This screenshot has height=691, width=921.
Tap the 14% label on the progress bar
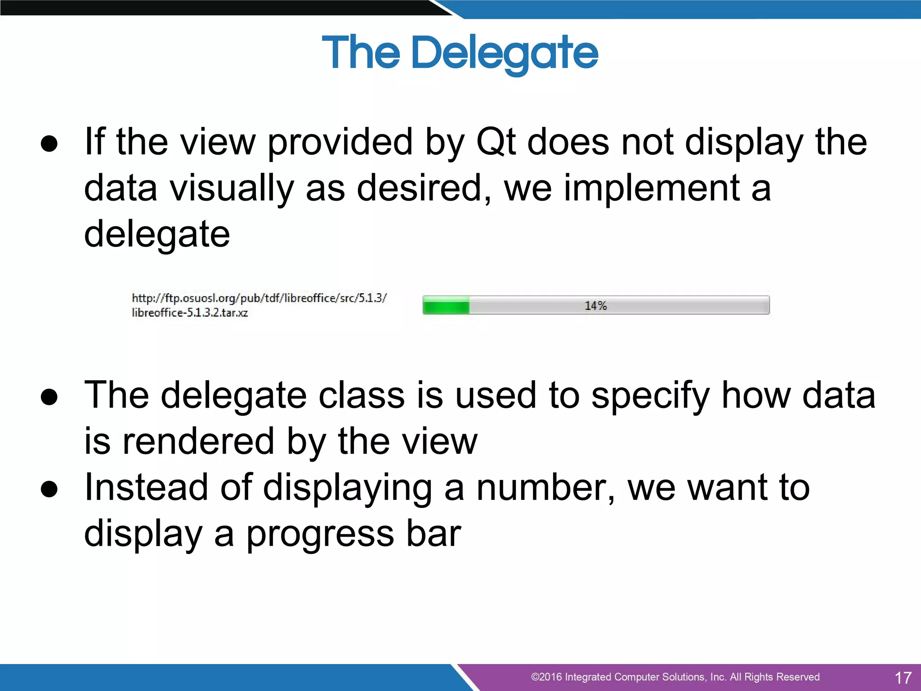tap(595, 306)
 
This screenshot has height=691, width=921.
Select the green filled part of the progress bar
tap(446, 305)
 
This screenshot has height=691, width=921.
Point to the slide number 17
tap(903, 678)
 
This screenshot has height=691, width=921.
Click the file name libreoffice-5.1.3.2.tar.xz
tap(190, 313)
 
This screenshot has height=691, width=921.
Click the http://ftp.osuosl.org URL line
tap(259, 298)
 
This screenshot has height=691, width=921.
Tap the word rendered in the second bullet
tap(198, 442)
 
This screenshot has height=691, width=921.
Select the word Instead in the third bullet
tap(146, 488)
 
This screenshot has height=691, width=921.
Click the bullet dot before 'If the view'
tap(49, 144)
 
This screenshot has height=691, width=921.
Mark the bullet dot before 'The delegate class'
tap(49, 397)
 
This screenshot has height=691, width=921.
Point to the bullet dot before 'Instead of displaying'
tap(49, 489)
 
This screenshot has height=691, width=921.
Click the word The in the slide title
tap(361, 53)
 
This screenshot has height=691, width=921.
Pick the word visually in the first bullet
tap(232, 189)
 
